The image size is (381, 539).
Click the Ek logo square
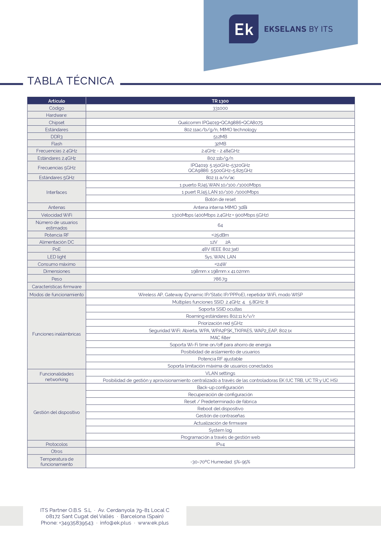tap(243, 29)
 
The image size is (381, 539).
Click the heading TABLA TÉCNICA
tap(71, 81)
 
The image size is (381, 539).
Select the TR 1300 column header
tap(220, 101)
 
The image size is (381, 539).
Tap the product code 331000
tap(220, 108)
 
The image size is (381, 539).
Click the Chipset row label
tap(56, 123)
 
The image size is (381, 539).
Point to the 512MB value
tap(220, 137)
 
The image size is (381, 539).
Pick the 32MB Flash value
tap(220, 144)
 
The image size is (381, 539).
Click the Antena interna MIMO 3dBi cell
tap(220, 207)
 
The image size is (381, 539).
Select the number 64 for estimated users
tap(220, 225)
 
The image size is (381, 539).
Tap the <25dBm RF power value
tap(220, 235)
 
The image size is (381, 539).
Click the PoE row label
tap(56, 249)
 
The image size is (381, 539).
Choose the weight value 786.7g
tap(220, 279)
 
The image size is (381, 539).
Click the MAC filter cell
tap(220, 338)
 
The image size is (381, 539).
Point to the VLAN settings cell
tap(220, 373)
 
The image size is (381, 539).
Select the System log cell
tap(220, 430)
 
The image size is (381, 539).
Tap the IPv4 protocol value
tap(220, 444)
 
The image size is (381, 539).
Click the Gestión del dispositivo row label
tap(56, 412)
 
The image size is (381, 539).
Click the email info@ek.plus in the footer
tap(115, 523)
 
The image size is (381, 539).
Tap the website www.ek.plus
tap(153, 523)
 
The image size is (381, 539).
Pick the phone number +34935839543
tap(76, 523)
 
